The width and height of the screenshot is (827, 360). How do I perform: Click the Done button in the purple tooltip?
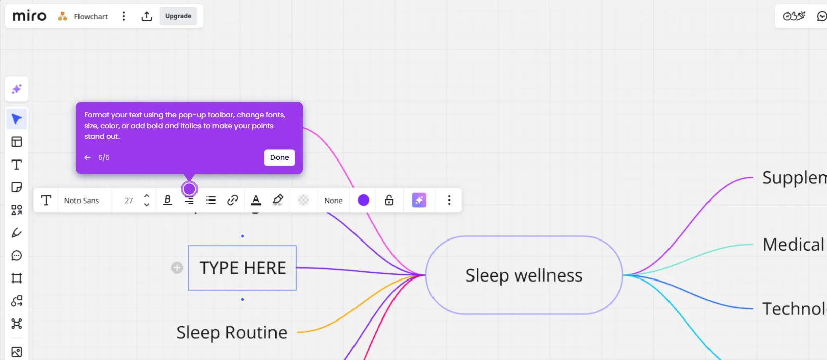279,157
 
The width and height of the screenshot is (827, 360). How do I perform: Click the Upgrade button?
178,16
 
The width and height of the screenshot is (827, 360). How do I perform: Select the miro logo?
29,16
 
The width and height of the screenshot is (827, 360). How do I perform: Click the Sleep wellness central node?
524,275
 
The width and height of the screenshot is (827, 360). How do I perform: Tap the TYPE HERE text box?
242,268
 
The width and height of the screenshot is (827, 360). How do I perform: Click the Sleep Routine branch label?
232,333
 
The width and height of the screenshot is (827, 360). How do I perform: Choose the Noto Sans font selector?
82,201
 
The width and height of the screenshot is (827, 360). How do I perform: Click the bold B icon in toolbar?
168,200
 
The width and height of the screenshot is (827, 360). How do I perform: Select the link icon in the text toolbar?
232,200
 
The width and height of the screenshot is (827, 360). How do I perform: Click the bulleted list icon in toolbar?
211,200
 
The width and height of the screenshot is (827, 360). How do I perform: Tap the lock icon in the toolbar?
389,200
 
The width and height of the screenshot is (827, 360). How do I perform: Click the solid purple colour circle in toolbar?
363,200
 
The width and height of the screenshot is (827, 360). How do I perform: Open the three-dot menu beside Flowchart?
124,16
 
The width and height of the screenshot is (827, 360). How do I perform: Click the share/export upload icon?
147,16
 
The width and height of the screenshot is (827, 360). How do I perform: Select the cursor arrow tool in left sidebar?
17,119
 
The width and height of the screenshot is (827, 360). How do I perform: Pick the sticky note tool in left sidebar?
17,187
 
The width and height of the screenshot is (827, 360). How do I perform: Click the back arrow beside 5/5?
87,157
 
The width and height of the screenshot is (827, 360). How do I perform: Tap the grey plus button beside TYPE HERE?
177,268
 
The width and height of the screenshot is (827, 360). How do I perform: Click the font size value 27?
129,201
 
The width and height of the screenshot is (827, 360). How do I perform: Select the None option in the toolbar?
333,201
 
